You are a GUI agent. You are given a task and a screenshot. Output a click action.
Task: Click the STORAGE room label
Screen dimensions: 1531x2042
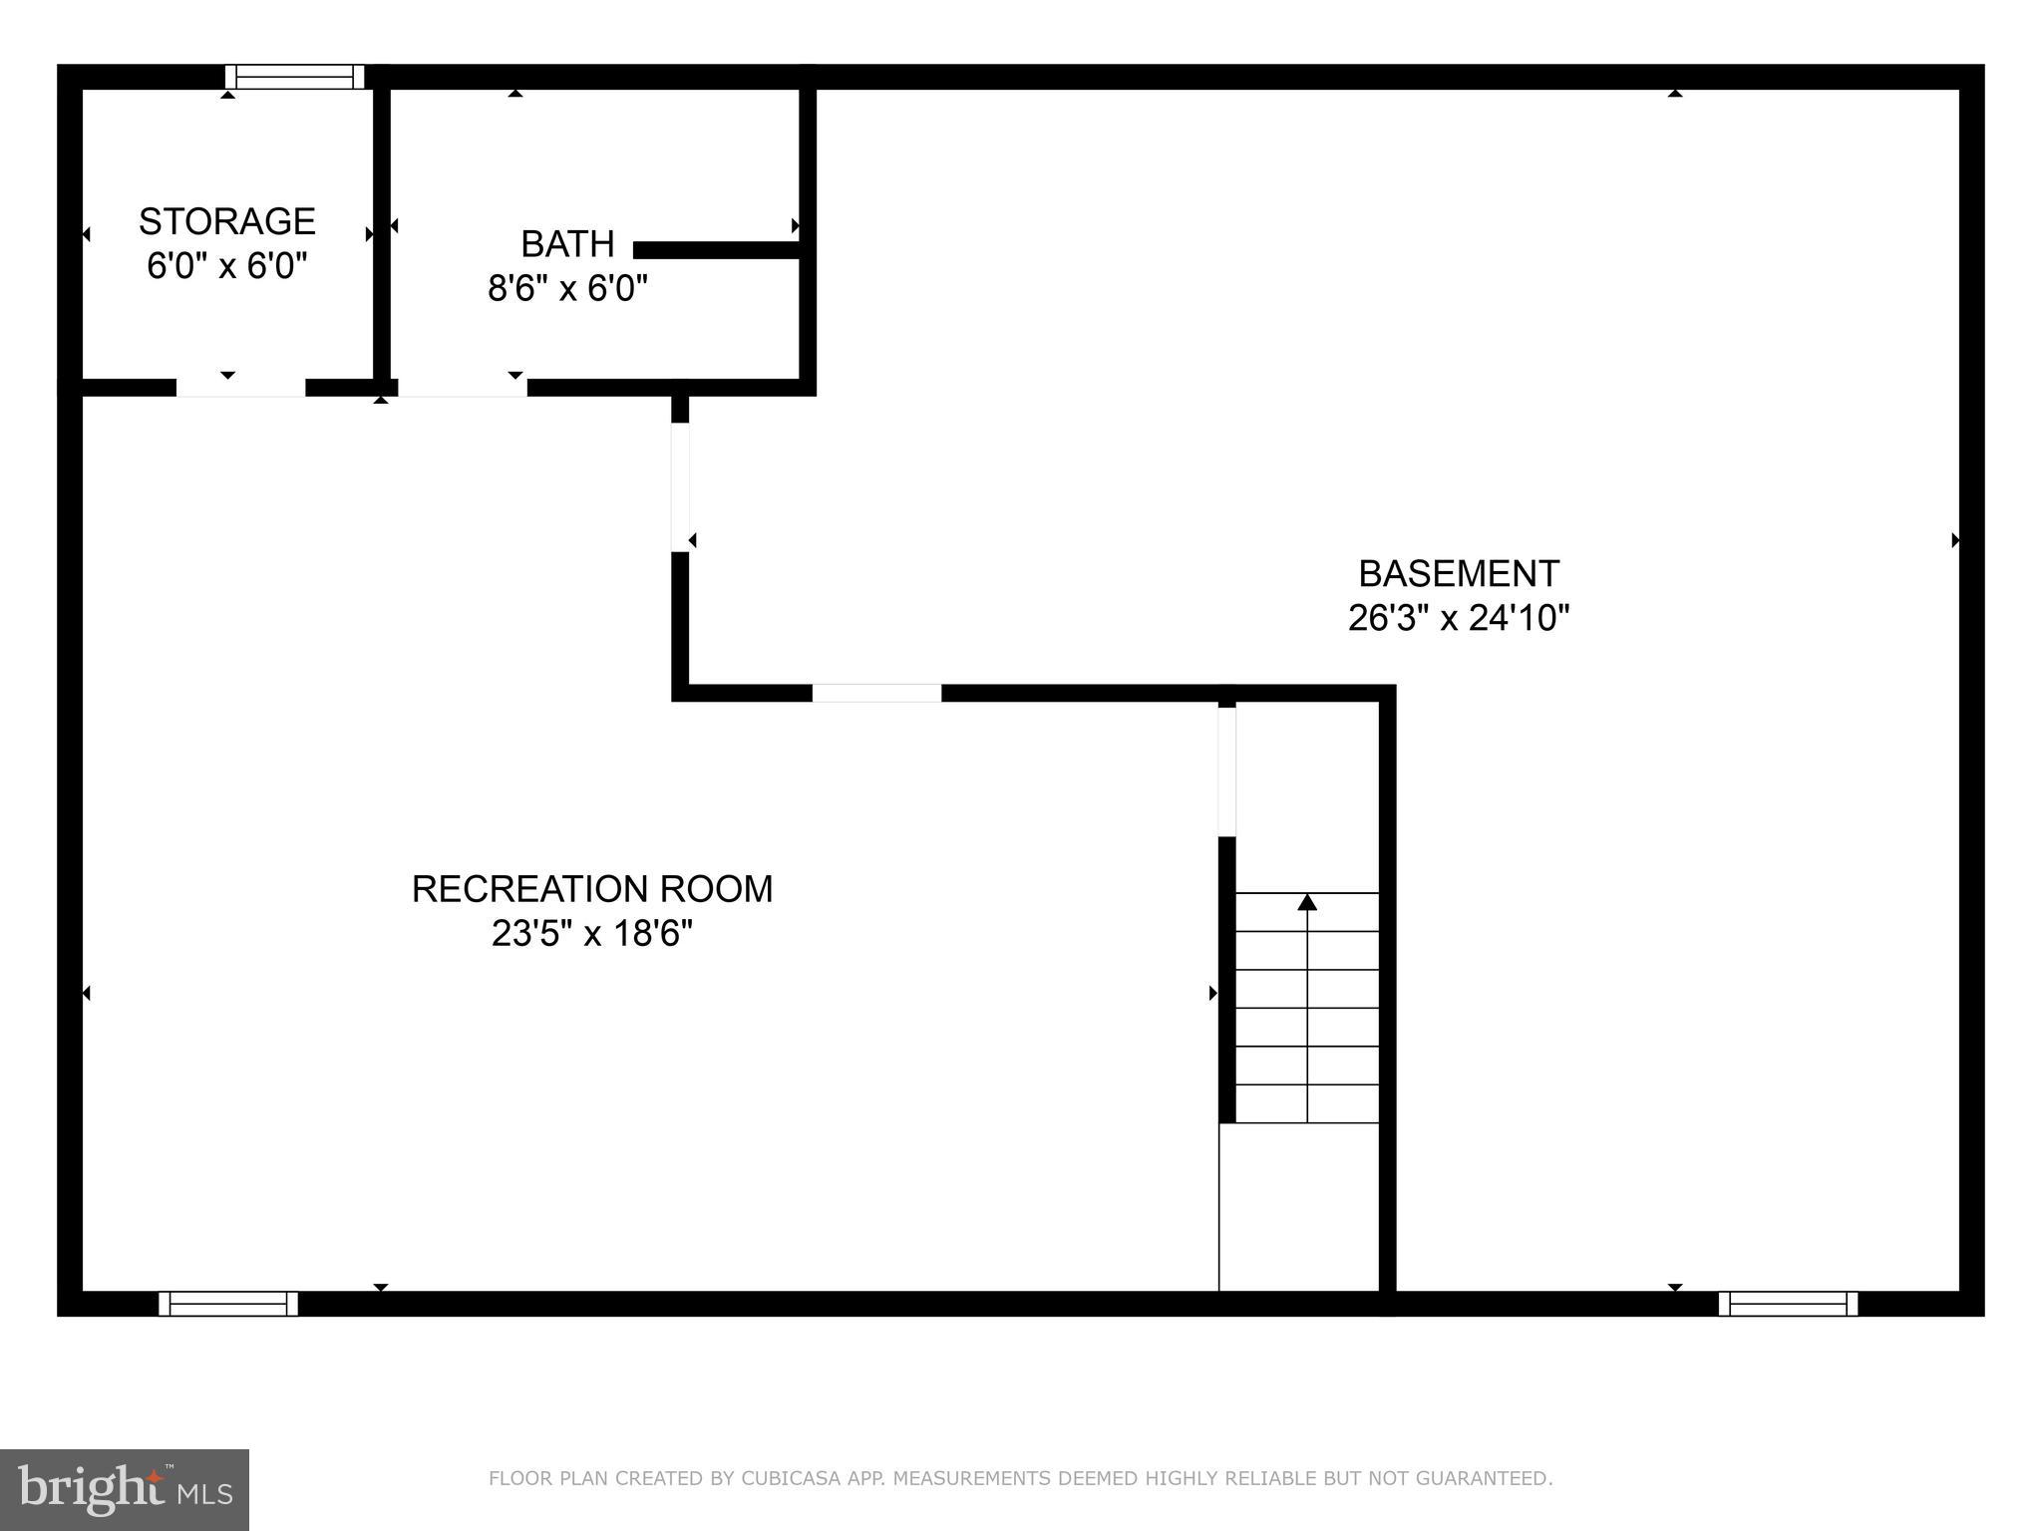pos(227,221)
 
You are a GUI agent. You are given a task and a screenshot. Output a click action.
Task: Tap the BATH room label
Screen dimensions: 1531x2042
pos(567,244)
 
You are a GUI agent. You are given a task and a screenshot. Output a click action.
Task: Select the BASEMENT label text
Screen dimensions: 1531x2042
pos(1458,574)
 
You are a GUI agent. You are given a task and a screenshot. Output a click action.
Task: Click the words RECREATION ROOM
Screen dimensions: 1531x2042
pos(592,889)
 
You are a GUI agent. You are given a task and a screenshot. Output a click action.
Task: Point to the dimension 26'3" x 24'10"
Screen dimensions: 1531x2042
pos(1458,619)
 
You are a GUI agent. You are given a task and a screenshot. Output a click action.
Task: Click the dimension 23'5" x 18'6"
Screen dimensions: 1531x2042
pos(592,934)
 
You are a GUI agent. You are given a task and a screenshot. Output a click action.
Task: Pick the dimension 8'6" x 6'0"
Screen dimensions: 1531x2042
pos(567,289)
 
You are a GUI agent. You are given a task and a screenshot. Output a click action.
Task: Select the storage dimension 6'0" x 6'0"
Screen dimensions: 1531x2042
pos(227,266)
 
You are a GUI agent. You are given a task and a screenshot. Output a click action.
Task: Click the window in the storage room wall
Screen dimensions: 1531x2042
pos(294,77)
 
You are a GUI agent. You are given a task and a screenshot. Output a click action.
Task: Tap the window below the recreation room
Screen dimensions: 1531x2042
pos(228,1303)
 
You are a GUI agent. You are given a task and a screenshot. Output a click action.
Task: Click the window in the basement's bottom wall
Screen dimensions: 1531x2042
pos(1788,1303)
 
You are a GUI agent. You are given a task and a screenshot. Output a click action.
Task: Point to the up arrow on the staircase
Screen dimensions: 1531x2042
pos(1307,903)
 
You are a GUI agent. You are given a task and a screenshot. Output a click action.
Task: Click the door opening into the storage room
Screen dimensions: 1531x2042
pos(240,388)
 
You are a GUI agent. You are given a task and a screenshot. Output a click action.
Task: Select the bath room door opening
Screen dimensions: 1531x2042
pos(462,388)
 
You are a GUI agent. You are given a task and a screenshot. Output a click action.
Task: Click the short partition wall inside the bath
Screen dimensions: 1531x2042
pos(718,250)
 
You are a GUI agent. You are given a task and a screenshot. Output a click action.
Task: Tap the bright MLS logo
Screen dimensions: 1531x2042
pos(125,1489)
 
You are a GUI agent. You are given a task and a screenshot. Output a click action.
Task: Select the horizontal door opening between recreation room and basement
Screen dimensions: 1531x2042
pos(876,693)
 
